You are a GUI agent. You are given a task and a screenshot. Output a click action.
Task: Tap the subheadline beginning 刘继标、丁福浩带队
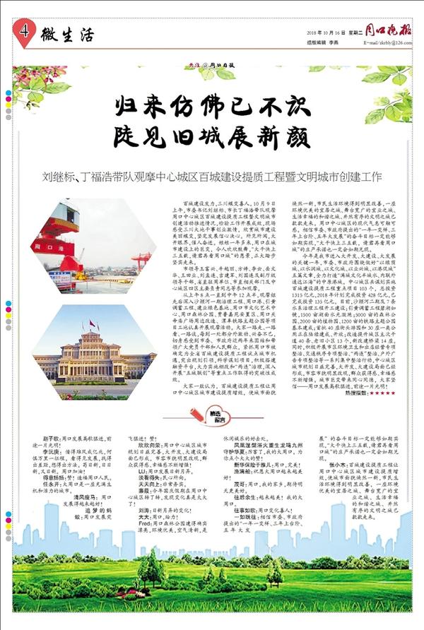pos(212,176)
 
